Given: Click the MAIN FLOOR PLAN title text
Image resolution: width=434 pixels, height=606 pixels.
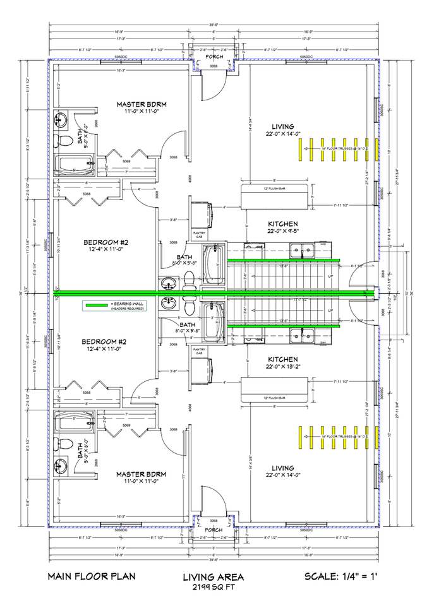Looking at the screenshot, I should coord(91,576).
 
